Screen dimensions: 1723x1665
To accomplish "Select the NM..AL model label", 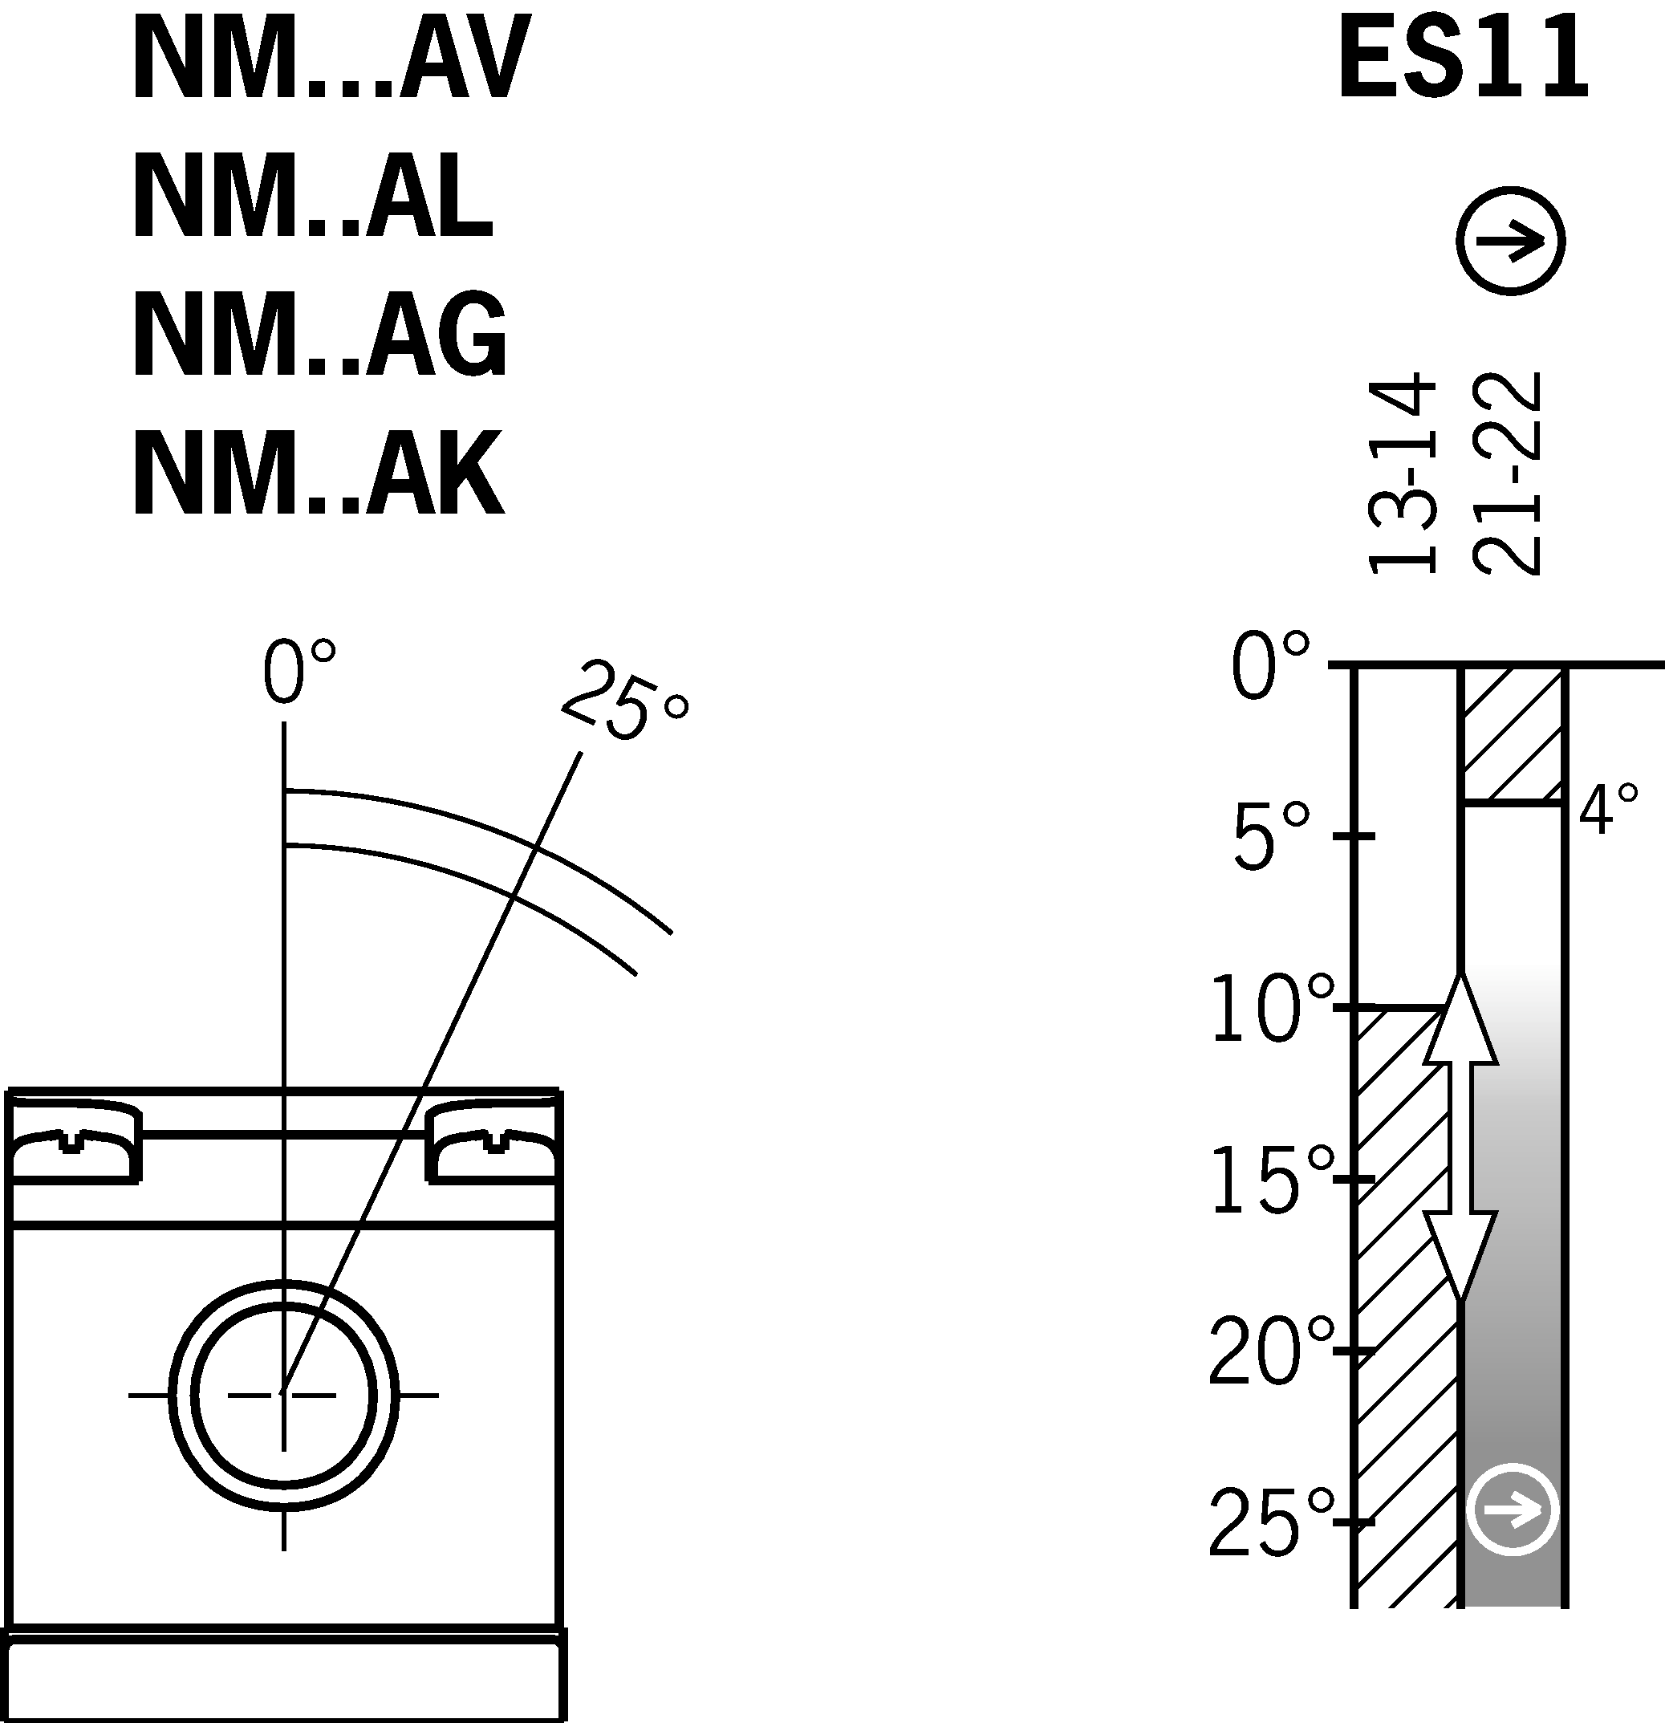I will point(312,196).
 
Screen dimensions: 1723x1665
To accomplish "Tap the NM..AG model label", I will point(320,334).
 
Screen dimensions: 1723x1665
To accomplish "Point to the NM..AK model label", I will point(319,473).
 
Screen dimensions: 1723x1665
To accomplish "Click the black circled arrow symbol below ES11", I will point(1510,241).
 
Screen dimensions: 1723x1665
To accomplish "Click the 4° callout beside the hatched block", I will point(1608,809).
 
